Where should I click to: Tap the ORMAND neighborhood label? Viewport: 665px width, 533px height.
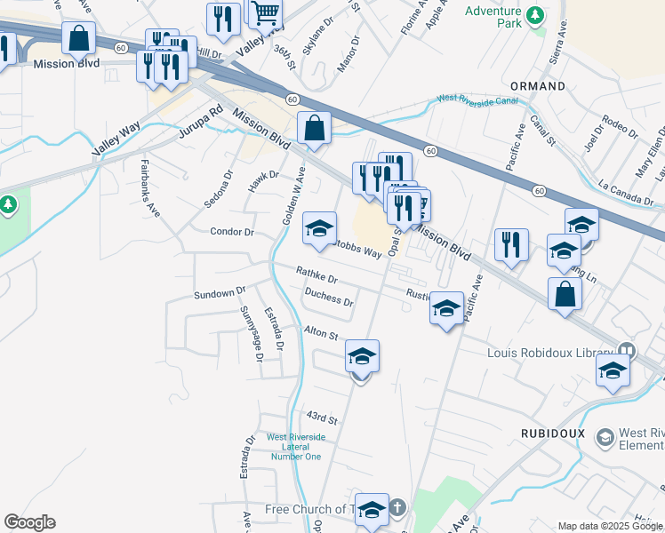(538, 86)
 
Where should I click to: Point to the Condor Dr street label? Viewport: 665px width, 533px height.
(232, 232)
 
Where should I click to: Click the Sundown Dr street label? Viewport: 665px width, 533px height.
(219, 292)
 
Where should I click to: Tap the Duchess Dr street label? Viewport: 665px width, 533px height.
(329, 296)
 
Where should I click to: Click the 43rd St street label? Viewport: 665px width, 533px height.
(322, 417)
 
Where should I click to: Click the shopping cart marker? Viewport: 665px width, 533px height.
(266, 13)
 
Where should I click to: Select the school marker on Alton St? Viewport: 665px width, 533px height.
(362, 357)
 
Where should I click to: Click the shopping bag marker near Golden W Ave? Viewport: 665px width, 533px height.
(314, 128)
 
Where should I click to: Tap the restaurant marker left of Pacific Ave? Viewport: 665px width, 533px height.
(511, 245)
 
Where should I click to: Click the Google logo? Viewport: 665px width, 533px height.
(29, 522)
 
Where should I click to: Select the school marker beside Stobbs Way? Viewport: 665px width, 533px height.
(319, 229)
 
